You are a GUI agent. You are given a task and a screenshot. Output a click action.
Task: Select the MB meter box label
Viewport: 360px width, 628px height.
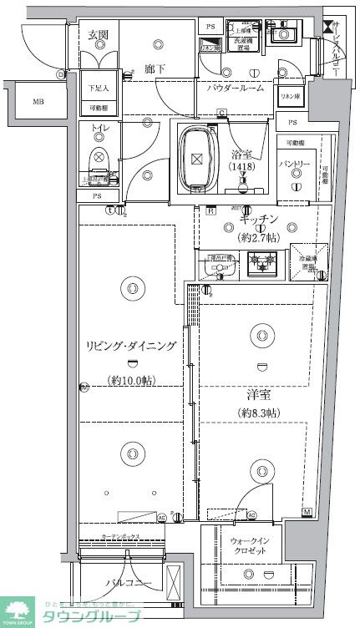point(38,102)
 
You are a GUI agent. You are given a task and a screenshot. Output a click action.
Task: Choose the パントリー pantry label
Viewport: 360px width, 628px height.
point(295,165)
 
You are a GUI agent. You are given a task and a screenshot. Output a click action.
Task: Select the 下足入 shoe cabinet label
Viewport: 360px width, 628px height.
point(99,87)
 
